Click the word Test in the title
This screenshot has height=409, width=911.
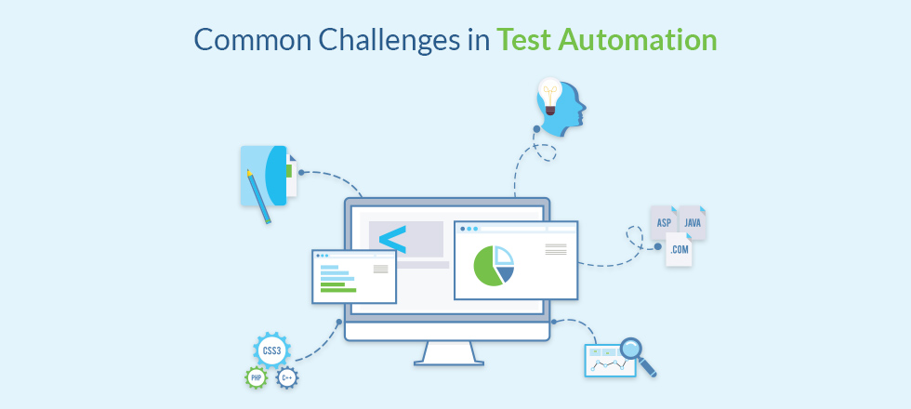coord(522,40)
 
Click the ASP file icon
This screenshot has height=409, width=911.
coord(664,222)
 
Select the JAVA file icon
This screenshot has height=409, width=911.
coord(692,222)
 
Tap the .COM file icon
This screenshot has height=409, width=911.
coord(679,250)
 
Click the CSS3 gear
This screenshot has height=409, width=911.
coord(271,350)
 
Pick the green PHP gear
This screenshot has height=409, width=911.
coord(256,378)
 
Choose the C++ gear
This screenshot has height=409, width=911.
coord(287,378)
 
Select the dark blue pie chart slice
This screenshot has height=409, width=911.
coord(506,273)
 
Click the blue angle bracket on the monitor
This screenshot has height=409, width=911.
coord(392,240)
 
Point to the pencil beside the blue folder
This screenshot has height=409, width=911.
coord(258,196)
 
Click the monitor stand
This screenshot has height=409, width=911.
coord(448,353)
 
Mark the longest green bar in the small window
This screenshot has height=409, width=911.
coord(338,290)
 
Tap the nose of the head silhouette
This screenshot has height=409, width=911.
coord(584,108)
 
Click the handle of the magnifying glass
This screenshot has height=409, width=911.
coord(648,367)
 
